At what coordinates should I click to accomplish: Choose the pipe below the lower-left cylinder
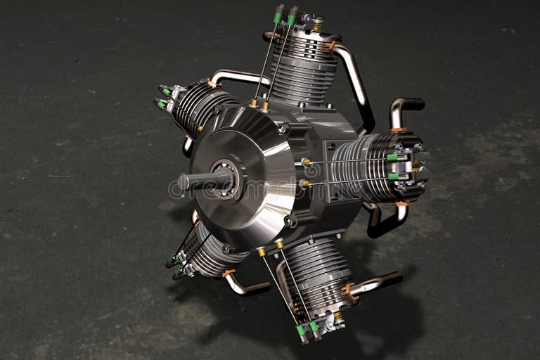pyautogui.click(x=246, y=286)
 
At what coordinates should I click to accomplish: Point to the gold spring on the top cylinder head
pyautogui.click(x=318, y=24)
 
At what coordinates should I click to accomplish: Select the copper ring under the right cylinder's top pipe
pyautogui.click(x=399, y=130)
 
